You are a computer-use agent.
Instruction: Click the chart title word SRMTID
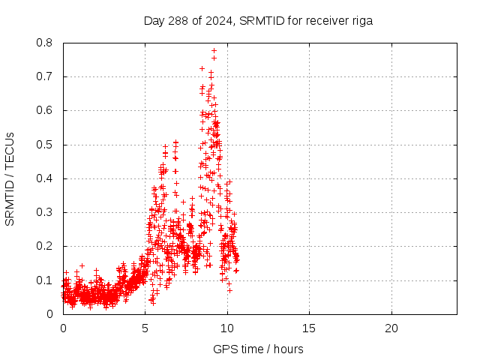[x=261, y=21]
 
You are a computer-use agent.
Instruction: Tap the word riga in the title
[x=361, y=21]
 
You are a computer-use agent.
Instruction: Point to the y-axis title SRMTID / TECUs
[x=10, y=179]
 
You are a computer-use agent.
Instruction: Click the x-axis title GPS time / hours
[x=259, y=349]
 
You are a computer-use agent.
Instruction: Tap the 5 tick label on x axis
[x=145, y=328]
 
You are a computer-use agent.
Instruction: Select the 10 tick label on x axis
[x=227, y=328]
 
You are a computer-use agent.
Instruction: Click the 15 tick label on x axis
[x=309, y=328]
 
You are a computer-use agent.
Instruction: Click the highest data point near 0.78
[x=214, y=51]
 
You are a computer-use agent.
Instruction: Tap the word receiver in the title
[x=323, y=21]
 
